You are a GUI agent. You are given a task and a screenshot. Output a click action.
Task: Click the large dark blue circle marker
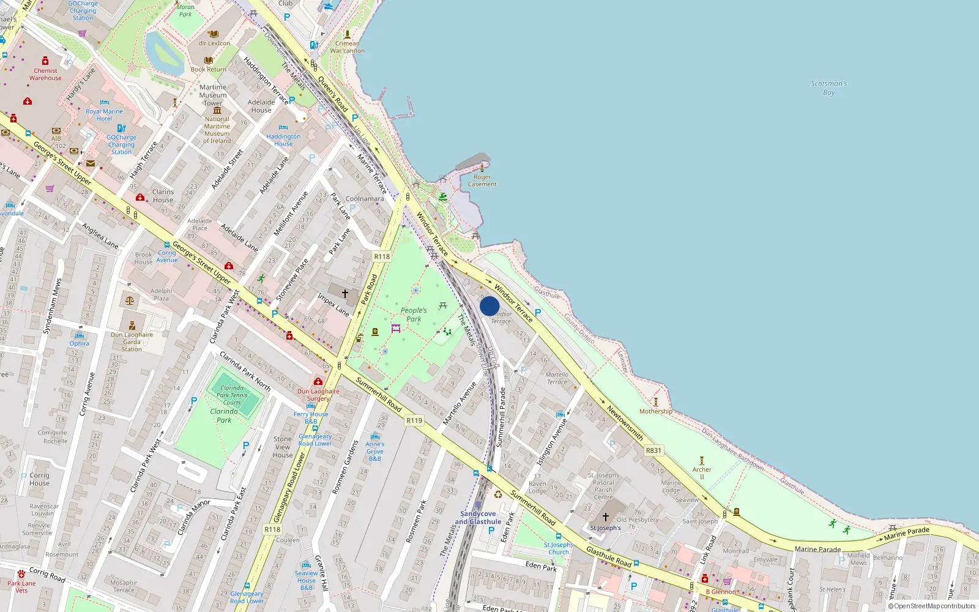tap(489, 306)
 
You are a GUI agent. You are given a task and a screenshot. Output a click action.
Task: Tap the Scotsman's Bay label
tap(828, 88)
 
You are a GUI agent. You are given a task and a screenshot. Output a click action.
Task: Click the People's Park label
tap(414, 315)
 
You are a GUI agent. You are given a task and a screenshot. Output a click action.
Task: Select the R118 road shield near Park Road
tap(382, 257)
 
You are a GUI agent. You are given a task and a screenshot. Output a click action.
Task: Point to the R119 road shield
tap(414, 420)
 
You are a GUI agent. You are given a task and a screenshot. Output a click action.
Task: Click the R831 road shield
tap(653, 450)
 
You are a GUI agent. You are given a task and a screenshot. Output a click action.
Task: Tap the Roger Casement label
tap(482, 181)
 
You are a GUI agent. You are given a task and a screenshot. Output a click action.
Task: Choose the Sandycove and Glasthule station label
tap(478, 518)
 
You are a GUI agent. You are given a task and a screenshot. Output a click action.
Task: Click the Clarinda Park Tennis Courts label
tap(232, 395)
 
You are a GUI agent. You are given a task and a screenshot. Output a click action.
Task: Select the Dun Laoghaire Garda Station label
tap(132, 342)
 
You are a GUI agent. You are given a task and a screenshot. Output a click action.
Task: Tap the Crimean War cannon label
tap(347, 47)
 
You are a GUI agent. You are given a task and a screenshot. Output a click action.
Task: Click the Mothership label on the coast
tap(655, 411)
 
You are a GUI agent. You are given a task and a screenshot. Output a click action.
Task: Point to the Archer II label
tap(702, 473)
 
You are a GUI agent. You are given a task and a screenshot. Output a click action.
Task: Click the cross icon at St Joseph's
tap(606, 517)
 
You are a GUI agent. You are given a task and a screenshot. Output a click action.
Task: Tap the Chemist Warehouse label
tap(45, 74)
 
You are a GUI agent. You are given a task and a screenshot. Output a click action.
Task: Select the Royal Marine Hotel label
tap(104, 115)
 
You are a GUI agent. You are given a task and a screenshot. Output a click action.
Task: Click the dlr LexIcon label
tap(214, 43)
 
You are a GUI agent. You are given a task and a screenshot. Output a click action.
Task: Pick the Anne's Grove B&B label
tap(375, 451)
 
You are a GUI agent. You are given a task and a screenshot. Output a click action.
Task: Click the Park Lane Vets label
tap(21, 587)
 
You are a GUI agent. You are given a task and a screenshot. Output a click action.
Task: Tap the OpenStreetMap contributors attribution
tap(931, 606)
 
